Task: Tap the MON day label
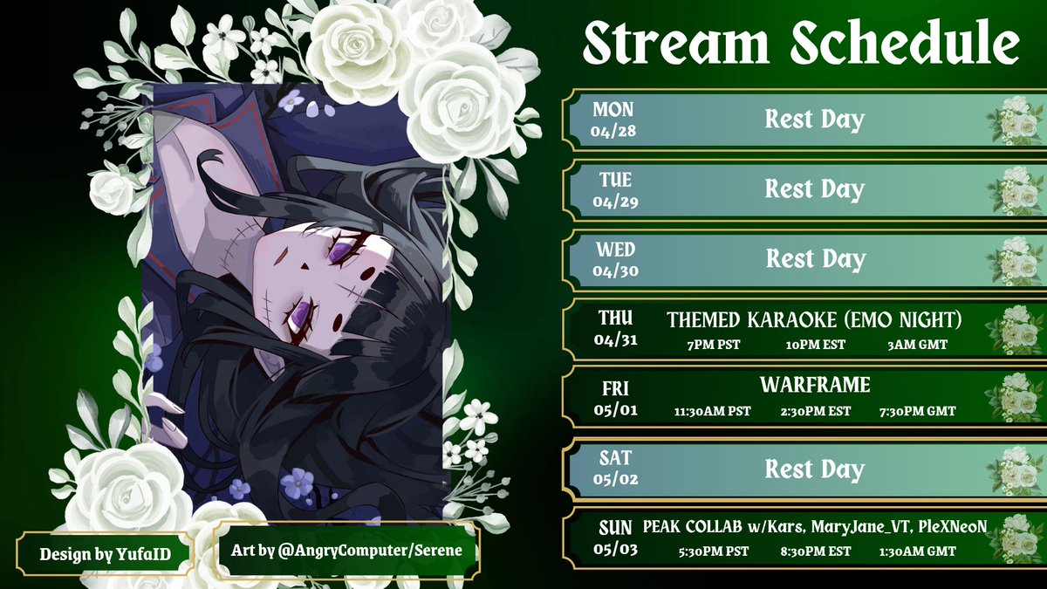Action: tap(613, 110)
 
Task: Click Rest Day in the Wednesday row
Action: tap(814, 259)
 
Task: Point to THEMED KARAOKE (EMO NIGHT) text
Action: tap(814, 320)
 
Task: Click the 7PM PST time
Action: tap(713, 345)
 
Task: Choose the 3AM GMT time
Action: tap(912, 345)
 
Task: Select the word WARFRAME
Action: tap(815, 385)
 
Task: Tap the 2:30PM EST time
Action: tap(815, 411)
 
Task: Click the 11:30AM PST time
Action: tap(713, 411)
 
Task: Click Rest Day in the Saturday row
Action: tap(814, 469)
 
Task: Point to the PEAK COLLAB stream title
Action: tap(815, 527)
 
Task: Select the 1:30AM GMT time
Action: tap(917, 551)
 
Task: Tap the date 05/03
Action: tap(615, 550)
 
